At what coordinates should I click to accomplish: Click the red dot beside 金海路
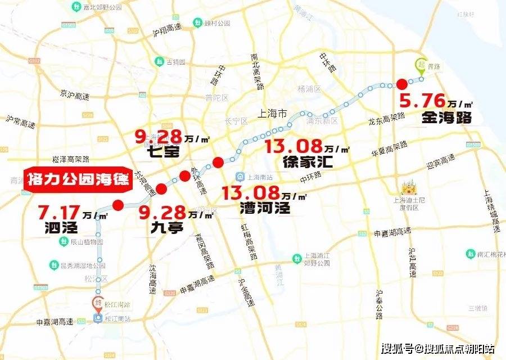[x=402, y=84]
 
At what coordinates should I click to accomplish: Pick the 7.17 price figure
[x=60, y=213]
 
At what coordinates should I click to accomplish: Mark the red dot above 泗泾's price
[x=118, y=205]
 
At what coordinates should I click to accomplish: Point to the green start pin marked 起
[x=421, y=65]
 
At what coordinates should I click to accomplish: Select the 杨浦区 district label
[x=309, y=89]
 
